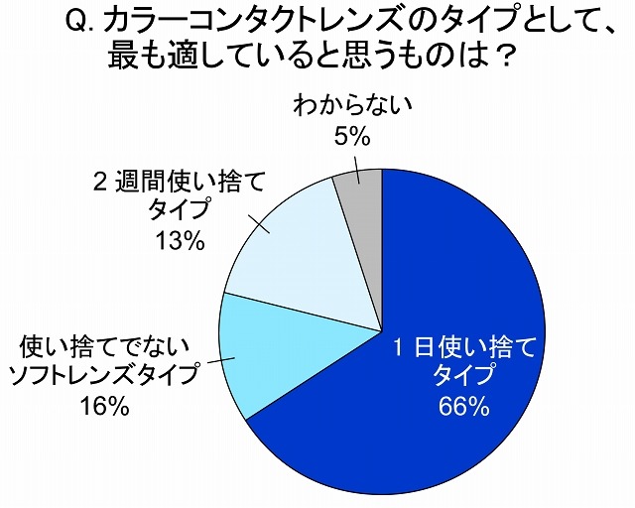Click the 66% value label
pyautogui.click(x=464, y=406)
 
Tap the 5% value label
pyautogui.click(x=346, y=136)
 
